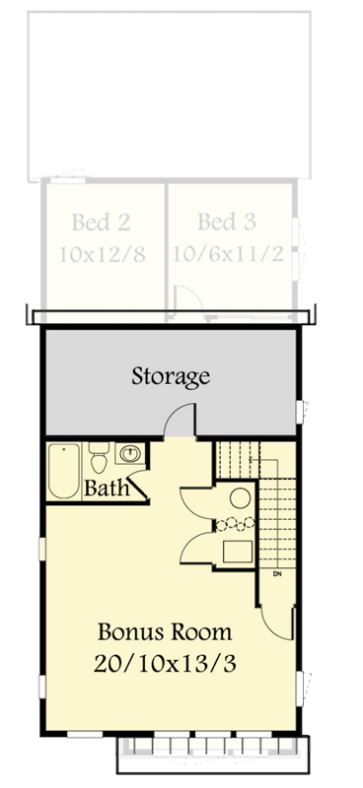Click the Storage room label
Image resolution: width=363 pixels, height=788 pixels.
172,375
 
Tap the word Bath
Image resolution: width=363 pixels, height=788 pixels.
103,488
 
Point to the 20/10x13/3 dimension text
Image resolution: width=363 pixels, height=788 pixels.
166,664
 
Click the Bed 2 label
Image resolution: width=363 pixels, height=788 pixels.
102,222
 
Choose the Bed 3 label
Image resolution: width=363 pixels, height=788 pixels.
227,222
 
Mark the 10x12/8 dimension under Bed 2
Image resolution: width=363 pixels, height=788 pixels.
102,254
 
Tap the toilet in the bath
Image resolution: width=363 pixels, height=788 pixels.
99,459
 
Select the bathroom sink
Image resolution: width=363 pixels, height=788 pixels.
129,455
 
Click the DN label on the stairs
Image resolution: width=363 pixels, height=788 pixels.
277,573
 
